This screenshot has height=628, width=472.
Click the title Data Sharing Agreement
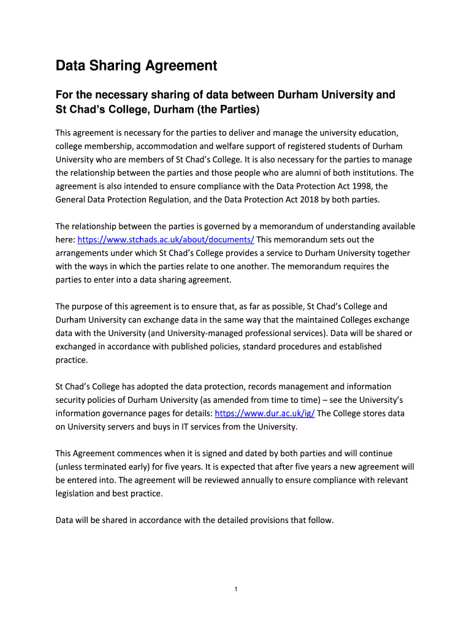point(137,65)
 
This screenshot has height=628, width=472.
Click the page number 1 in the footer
point(236,590)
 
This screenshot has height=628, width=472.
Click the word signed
point(197,454)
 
